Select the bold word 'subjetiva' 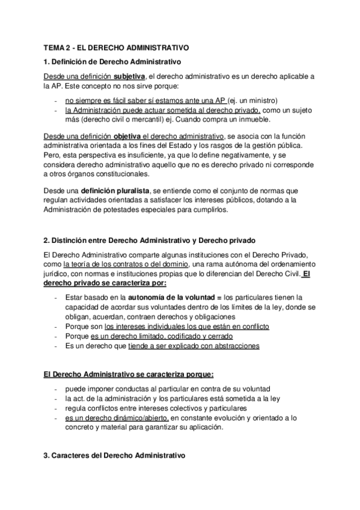click(x=129, y=77)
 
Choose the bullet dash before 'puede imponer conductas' click(x=55, y=389)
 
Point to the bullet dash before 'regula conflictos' click(x=55, y=408)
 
